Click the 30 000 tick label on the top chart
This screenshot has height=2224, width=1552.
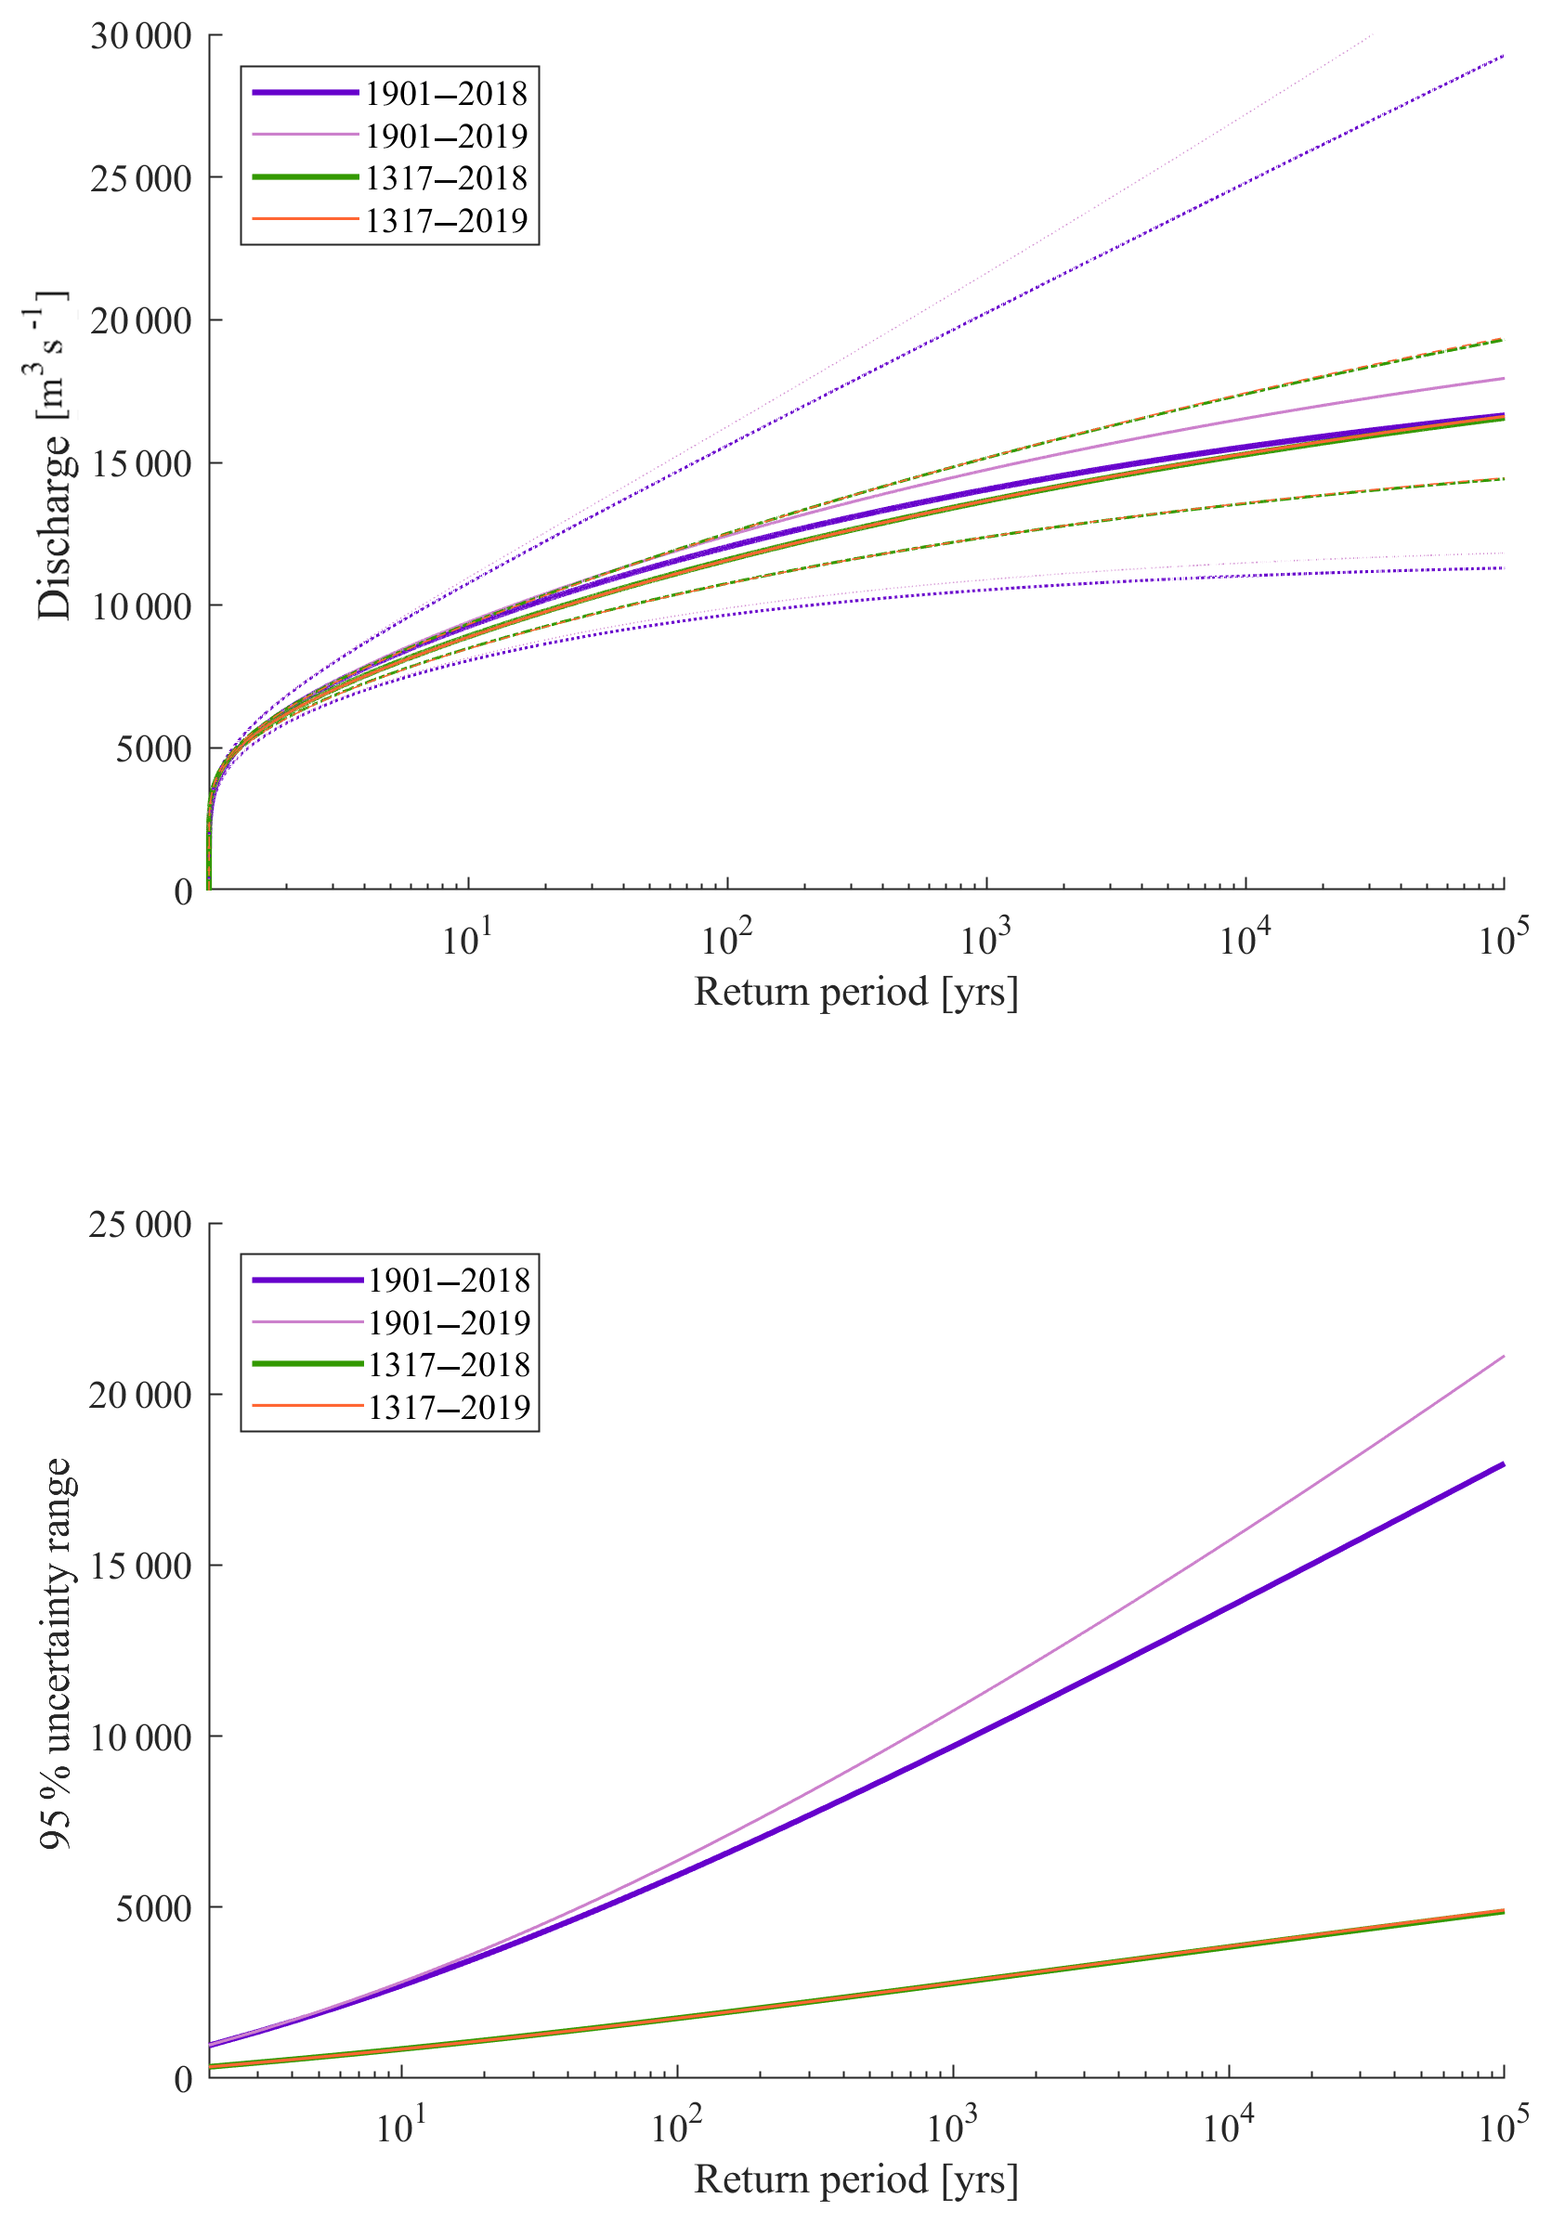coord(140,37)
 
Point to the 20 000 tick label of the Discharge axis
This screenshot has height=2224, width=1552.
coord(140,320)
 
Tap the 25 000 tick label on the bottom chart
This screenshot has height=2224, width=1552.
coord(140,1225)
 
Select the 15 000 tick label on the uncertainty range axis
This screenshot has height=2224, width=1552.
coord(140,1566)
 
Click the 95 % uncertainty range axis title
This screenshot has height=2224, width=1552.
coord(56,1652)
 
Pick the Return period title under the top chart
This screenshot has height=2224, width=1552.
coord(855,992)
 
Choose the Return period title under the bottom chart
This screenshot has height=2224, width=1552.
coord(855,2179)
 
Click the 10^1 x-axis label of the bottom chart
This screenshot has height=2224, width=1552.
coord(401,2126)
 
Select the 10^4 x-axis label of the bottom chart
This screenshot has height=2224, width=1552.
coord(1229,2126)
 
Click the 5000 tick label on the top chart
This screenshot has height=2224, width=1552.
coord(153,748)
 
